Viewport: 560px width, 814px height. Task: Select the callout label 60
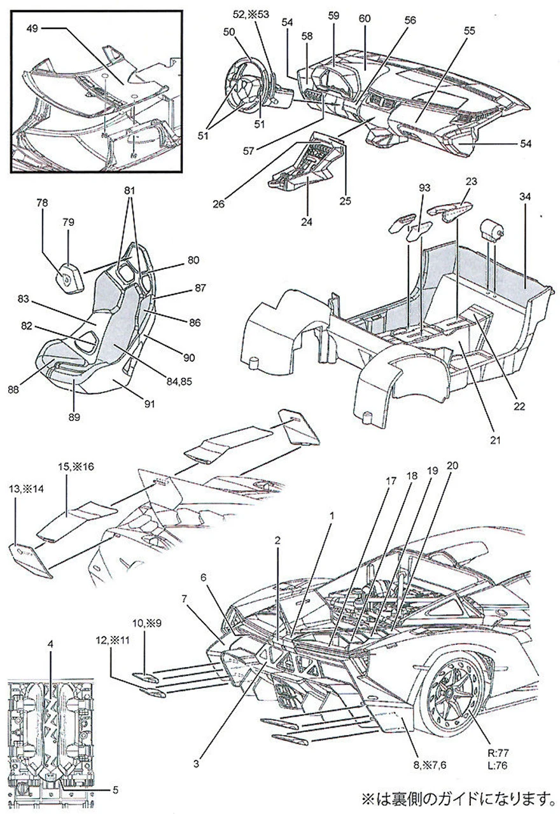click(x=365, y=18)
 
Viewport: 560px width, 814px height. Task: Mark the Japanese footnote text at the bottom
click(x=455, y=797)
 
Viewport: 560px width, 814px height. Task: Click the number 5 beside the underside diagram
click(x=115, y=790)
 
